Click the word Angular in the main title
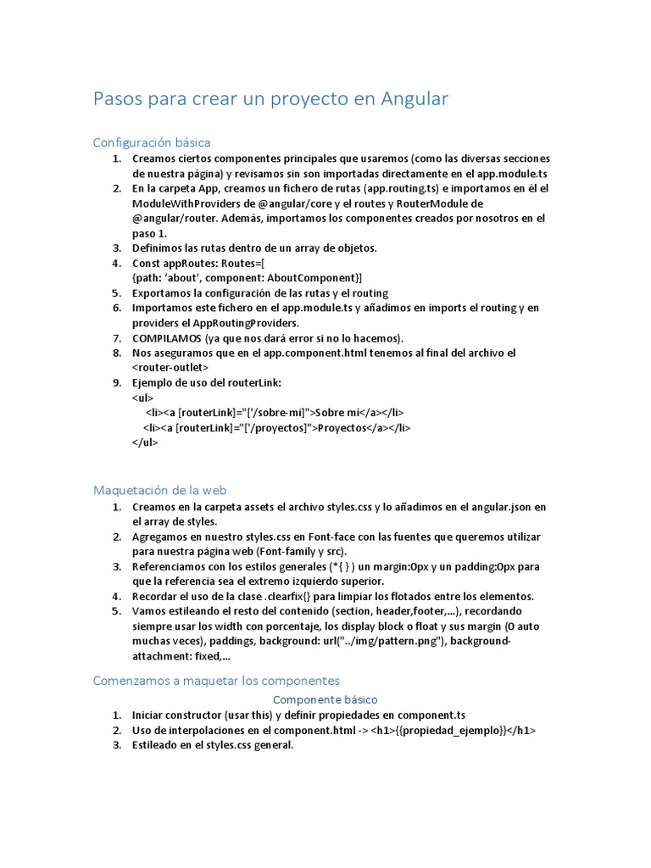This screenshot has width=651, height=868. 404,99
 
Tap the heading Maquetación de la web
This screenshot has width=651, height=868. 159,490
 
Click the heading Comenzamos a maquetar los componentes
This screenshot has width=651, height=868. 215,680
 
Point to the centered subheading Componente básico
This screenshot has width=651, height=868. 325,699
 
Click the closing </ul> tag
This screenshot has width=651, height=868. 145,442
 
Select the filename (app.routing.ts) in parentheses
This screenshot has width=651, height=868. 394,188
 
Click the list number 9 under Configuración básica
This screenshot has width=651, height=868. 118,383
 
